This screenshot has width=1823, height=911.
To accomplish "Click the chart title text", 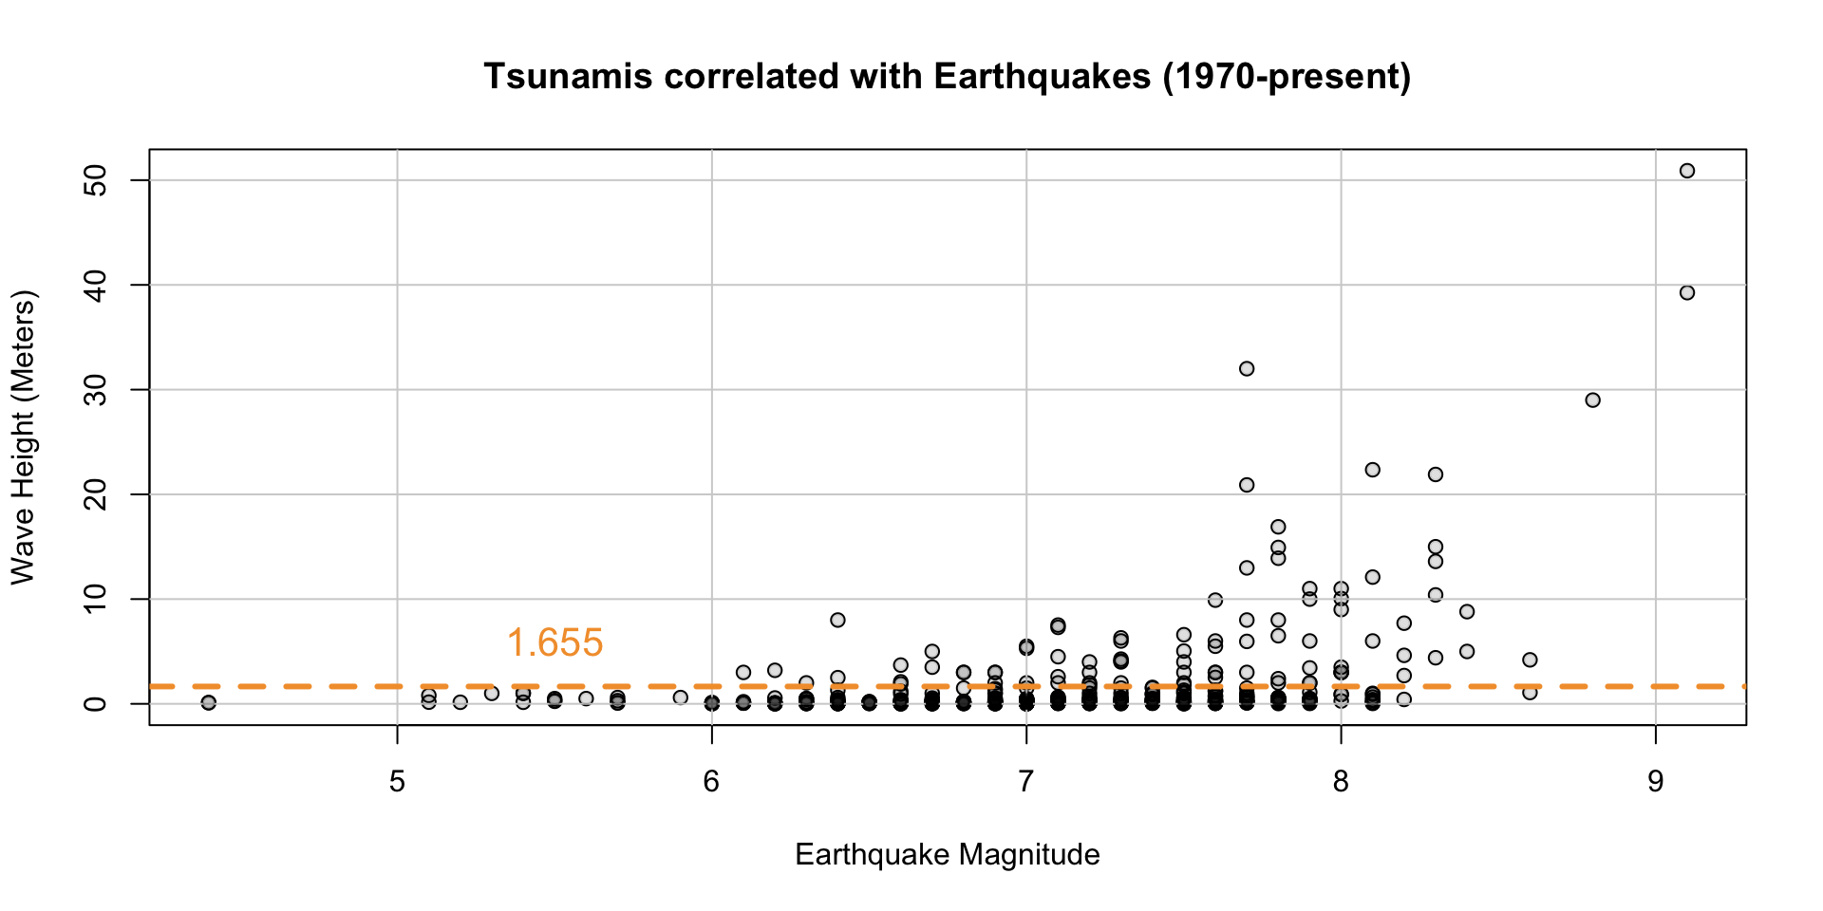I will tap(947, 77).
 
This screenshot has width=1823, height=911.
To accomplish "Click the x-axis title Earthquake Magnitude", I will tap(947, 855).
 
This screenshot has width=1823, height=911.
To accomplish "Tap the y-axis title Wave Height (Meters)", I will tap(23, 437).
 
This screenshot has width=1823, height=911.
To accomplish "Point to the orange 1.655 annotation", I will tap(554, 643).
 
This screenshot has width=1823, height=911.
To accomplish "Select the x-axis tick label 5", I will tap(397, 783).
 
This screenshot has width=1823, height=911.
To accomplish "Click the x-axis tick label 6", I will tap(711, 783).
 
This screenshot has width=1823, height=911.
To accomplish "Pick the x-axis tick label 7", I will tap(1025, 783).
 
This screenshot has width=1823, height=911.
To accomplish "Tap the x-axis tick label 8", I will tap(1341, 783).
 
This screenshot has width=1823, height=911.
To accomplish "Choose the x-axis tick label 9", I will tap(1655, 783).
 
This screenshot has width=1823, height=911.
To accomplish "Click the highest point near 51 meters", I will tap(1687, 171).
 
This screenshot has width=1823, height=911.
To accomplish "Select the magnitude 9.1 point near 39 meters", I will tap(1687, 293).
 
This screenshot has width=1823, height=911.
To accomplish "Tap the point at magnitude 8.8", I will tap(1593, 400).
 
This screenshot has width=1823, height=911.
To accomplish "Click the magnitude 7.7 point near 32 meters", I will tap(1247, 368).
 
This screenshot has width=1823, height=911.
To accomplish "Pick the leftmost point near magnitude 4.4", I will tap(209, 702).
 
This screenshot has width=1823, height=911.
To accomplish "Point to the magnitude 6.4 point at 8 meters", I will tap(837, 620).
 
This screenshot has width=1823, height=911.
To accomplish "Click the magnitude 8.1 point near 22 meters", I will tap(1372, 470).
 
